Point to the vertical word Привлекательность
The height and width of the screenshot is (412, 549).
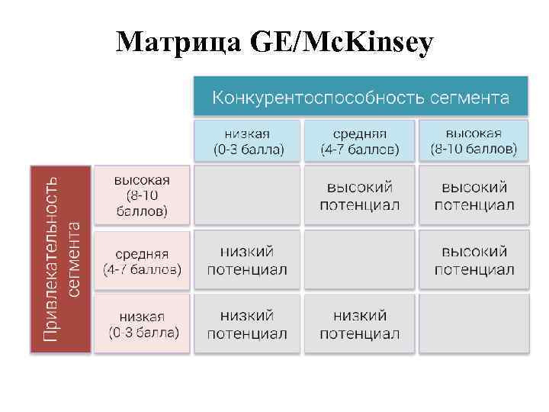point(50,259)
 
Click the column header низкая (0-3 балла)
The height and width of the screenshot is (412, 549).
point(247,140)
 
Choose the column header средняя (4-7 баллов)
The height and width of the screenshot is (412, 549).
point(359,140)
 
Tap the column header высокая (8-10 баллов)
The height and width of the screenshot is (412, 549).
point(474,140)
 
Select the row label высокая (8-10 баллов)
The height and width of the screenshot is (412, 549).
point(142,195)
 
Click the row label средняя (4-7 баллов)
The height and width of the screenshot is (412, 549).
point(142,261)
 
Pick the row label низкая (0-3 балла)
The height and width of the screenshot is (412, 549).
point(142,324)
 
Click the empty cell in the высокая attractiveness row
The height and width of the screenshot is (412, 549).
point(247,195)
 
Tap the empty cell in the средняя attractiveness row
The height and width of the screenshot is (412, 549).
point(359,260)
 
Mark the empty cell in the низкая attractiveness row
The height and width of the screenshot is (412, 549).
point(474,324)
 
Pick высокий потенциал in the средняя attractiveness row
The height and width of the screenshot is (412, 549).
point(474,260)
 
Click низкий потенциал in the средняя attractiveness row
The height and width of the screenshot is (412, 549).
point(247,260)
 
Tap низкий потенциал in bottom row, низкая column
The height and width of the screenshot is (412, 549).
point(247,324)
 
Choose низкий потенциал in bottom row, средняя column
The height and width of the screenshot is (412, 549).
point(359,324)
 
